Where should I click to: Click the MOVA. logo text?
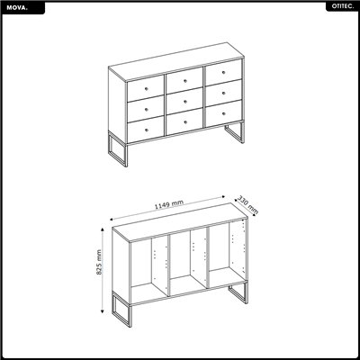point(16,6)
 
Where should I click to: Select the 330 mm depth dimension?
point(248,204)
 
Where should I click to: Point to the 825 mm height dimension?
point(99,262)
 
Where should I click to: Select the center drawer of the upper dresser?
point(184,100)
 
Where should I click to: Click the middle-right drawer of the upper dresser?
point(224,92)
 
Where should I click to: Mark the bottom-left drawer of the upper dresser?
point(144,130)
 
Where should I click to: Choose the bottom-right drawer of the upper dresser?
point(224,112)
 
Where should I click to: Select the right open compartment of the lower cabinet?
point(228,252)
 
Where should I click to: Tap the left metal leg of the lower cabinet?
point(121,308)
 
